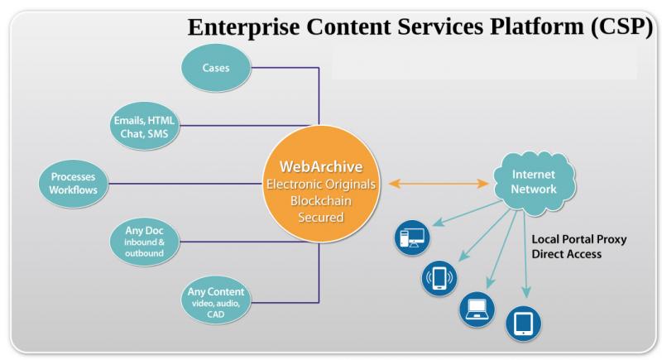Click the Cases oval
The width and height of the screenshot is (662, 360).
point(216,68)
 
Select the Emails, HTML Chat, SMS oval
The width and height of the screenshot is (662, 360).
point(144,126)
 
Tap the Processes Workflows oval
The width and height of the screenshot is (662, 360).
point(73,183)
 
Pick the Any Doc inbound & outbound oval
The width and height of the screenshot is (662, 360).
point(144,242)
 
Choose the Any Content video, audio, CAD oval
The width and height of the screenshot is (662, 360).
point(216,300)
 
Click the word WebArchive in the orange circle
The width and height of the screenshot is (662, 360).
point(321,166)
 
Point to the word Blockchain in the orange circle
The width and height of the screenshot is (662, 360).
point(321,200)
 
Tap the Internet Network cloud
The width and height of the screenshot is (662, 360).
point(534,182)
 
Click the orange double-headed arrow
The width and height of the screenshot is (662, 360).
point(439,183)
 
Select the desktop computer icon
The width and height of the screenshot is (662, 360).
point(412,238)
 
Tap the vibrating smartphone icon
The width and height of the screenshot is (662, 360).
point(439,278)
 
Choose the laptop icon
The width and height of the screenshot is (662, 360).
point(477,310)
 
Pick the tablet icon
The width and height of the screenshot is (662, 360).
point(524,324)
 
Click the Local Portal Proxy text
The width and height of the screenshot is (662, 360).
point(578,239)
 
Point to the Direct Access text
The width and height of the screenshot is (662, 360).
point(567,254)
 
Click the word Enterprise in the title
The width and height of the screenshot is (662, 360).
point(243,27)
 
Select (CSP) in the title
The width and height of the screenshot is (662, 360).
point(622,26)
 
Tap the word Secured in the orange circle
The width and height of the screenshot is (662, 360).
point(321,218)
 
